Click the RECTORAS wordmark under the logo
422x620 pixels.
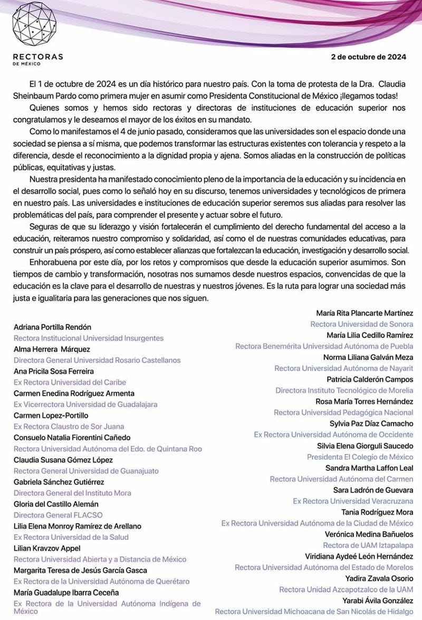coord(38,56)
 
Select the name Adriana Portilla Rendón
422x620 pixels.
coord(52,327)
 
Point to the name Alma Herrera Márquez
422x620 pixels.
coord(52,349)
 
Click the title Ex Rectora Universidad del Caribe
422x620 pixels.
coord(70,382)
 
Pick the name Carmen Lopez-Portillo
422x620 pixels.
coord(51,415)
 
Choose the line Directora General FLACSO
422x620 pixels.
coord(58,515)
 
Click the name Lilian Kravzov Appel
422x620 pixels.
coord(47,548)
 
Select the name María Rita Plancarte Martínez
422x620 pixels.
coord(365,313)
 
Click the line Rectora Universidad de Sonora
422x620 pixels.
coord(362,324)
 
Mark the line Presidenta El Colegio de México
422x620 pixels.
coord(360,457)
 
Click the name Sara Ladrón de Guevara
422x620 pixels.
coord(373,490)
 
